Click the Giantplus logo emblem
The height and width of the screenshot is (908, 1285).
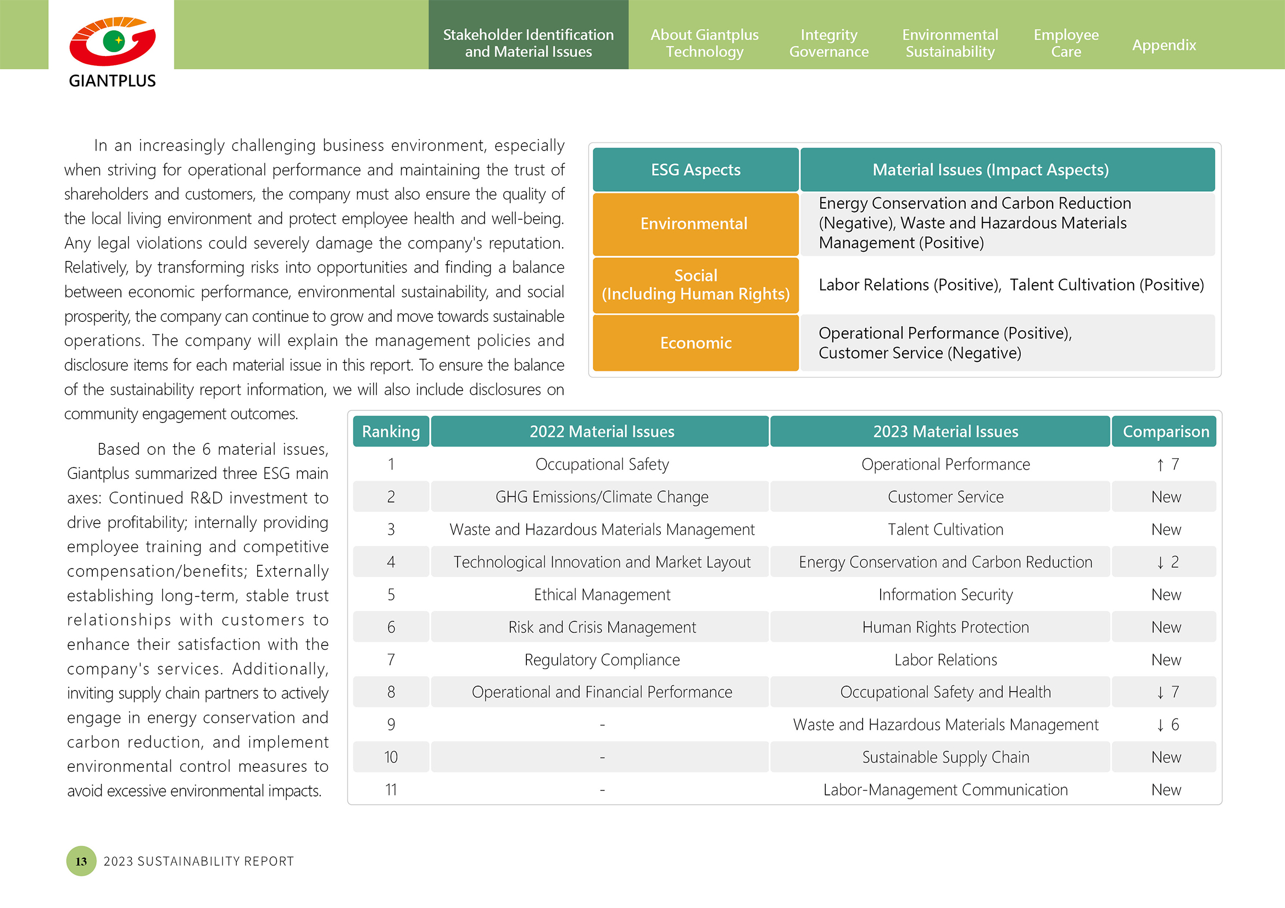coord(113,42)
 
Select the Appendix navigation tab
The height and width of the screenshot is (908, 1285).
coord(1164,44)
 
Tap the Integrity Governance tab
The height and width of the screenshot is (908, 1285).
coord(828,43)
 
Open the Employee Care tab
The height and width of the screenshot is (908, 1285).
coord(1066,43)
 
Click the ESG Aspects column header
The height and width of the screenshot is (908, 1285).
coord(695,170)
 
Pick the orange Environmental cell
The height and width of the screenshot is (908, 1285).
coord(695,224)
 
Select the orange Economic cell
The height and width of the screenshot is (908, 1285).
coord(695,343)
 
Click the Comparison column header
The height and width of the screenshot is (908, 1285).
coord(1165,431)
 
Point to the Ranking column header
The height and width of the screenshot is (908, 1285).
coord(391,431)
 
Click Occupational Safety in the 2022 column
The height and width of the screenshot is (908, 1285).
coord(602,464)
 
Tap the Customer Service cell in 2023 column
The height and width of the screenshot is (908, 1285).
coord(945,497)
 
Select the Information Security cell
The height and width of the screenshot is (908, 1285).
coord(945,595)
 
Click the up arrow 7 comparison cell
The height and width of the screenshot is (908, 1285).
coord(1167,464)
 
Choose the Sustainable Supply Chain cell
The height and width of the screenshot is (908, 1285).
coord(945,757)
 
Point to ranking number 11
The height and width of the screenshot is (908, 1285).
coord(391,790)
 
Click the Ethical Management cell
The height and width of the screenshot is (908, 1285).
coord(602,595)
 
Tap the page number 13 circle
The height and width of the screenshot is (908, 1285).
coord(81,861)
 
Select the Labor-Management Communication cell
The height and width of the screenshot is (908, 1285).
coord(945,790)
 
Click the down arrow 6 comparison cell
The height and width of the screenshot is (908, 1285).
coord(1167,725)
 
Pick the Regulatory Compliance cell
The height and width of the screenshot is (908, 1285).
coord(602,660)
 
